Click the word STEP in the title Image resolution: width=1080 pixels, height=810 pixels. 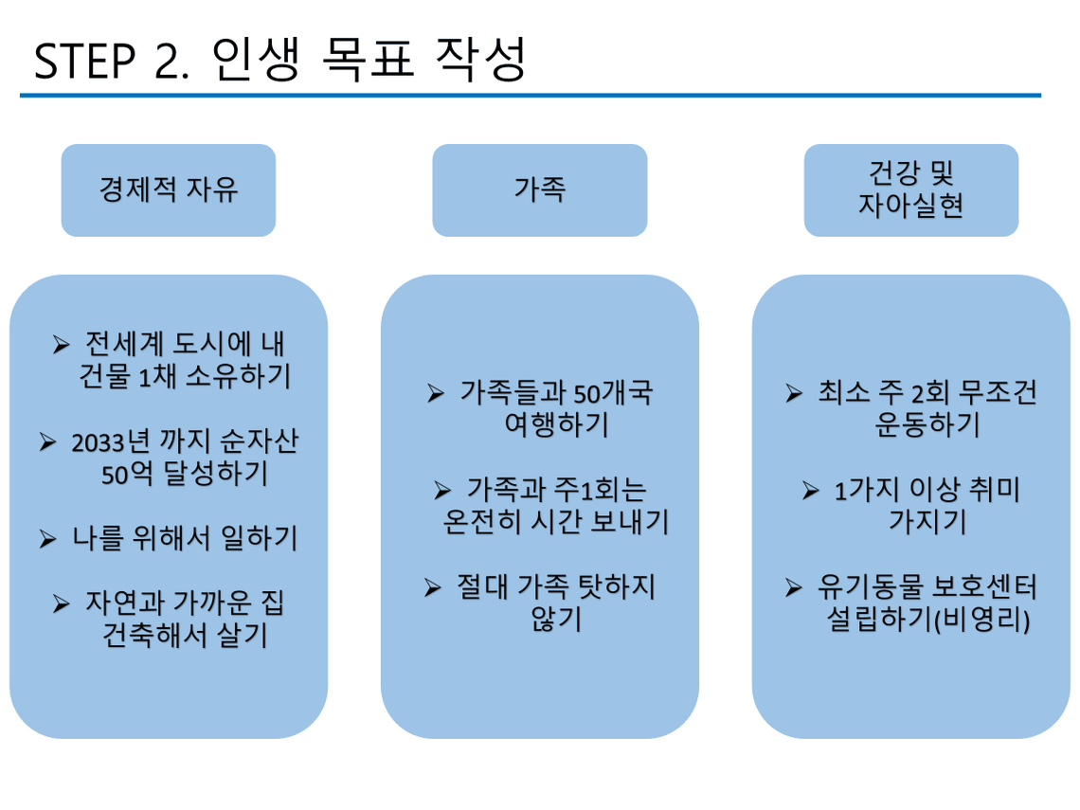point(84,62)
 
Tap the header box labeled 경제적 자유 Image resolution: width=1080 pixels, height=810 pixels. point(169,190)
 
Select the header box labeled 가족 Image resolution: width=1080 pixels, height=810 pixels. point(540,190)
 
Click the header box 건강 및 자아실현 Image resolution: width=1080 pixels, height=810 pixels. point(911,190)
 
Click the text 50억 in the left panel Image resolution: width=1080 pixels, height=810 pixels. point(127,474)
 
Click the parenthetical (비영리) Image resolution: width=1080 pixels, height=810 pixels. point(981,620)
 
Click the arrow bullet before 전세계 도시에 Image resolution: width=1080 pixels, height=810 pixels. point(62,345)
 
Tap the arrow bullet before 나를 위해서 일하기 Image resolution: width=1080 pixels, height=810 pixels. point(47,539)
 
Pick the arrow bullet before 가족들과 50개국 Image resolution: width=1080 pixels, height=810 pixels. point(435,393)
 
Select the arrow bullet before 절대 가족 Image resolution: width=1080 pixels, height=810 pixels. point(433,587)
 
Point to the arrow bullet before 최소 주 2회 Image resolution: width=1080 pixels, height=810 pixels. point(794,393)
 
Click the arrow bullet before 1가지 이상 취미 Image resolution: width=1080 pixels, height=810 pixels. point(811,491)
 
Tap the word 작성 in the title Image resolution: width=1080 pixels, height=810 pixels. point(480,60)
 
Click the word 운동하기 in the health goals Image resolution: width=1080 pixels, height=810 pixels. point(927,425)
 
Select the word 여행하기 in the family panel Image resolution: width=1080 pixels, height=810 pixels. point(556,425)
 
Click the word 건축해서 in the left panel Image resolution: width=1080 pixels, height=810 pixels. point(155,635)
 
